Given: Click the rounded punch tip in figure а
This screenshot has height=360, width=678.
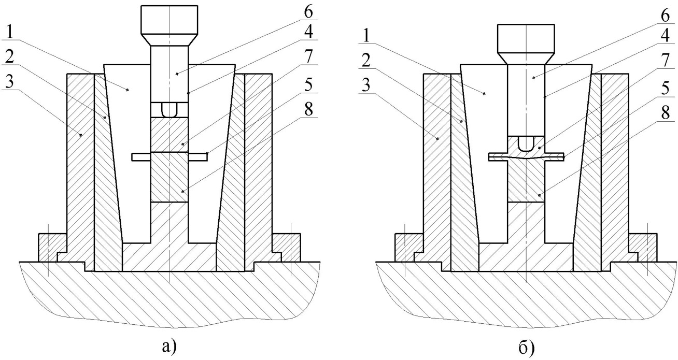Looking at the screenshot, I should click(169, 110).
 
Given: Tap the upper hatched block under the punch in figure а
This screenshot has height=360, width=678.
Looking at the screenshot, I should click(169, 134).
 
